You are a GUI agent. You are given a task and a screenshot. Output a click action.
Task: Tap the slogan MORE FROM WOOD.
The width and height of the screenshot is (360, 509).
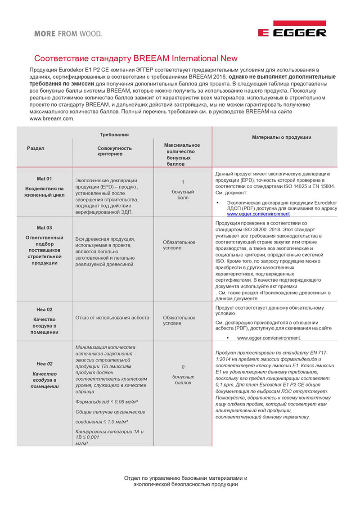point(68,33)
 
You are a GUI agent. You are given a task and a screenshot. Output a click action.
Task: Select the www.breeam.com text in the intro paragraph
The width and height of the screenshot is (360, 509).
point(52,119)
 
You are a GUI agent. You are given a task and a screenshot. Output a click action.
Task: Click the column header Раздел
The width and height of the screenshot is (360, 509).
point(36,148)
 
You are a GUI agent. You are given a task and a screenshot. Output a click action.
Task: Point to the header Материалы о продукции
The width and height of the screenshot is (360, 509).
point(281,137)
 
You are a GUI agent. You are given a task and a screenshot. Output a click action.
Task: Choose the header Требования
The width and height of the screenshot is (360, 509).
point(114,135)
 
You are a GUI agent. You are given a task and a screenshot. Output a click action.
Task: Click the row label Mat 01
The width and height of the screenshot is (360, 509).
point(44,179)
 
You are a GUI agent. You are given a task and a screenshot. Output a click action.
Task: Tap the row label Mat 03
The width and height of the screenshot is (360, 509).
point(44,228)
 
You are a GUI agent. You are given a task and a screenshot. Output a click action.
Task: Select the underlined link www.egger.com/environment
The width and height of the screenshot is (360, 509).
point(258,214)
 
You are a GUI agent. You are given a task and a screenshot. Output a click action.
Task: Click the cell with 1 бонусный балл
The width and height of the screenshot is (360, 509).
point(183,189)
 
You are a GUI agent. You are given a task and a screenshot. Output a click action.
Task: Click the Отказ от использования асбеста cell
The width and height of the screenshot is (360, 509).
point(112,317)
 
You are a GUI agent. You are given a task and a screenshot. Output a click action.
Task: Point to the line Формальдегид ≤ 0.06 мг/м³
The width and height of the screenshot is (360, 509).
point(106,401)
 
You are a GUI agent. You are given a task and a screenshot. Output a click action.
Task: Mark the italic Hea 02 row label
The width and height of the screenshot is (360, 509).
point(44,364)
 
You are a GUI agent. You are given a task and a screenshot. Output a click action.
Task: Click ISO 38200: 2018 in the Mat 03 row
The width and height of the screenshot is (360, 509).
point(259,230)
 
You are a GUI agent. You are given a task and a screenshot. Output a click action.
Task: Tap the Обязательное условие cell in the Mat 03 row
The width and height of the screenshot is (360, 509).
point(179,245)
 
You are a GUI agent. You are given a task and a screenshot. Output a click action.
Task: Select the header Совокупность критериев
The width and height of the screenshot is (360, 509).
point(115,151)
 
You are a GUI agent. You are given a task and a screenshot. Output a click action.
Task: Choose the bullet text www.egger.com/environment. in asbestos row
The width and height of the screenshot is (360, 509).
point(269,338)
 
